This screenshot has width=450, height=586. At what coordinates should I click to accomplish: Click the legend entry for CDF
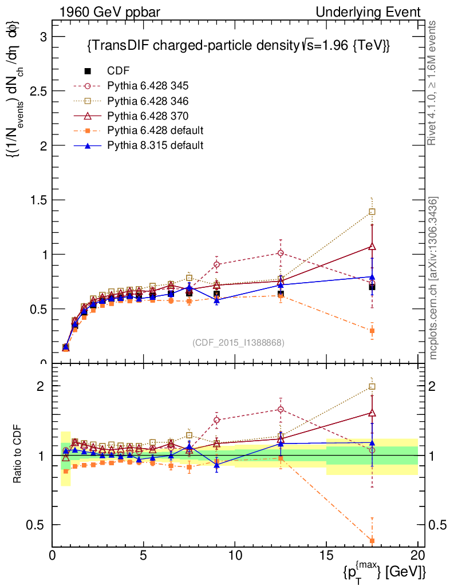click(119, 71)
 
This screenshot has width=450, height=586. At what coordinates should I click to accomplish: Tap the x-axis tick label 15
click(326, 556)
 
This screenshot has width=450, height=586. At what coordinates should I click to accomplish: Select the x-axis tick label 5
click(144, 556)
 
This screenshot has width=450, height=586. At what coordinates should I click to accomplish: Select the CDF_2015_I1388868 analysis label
click(238, 342)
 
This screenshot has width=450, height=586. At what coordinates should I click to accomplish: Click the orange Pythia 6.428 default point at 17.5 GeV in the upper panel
click(372, 331)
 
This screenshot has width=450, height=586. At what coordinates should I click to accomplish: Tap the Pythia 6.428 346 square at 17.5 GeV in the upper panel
click(372, 212)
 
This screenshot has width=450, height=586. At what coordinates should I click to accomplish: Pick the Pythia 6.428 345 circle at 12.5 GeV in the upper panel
click(281, 253)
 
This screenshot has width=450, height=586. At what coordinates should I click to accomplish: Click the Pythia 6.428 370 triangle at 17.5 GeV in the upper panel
click(372, 247)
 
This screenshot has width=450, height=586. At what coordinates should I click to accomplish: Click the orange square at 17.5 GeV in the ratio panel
click(372, 541)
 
